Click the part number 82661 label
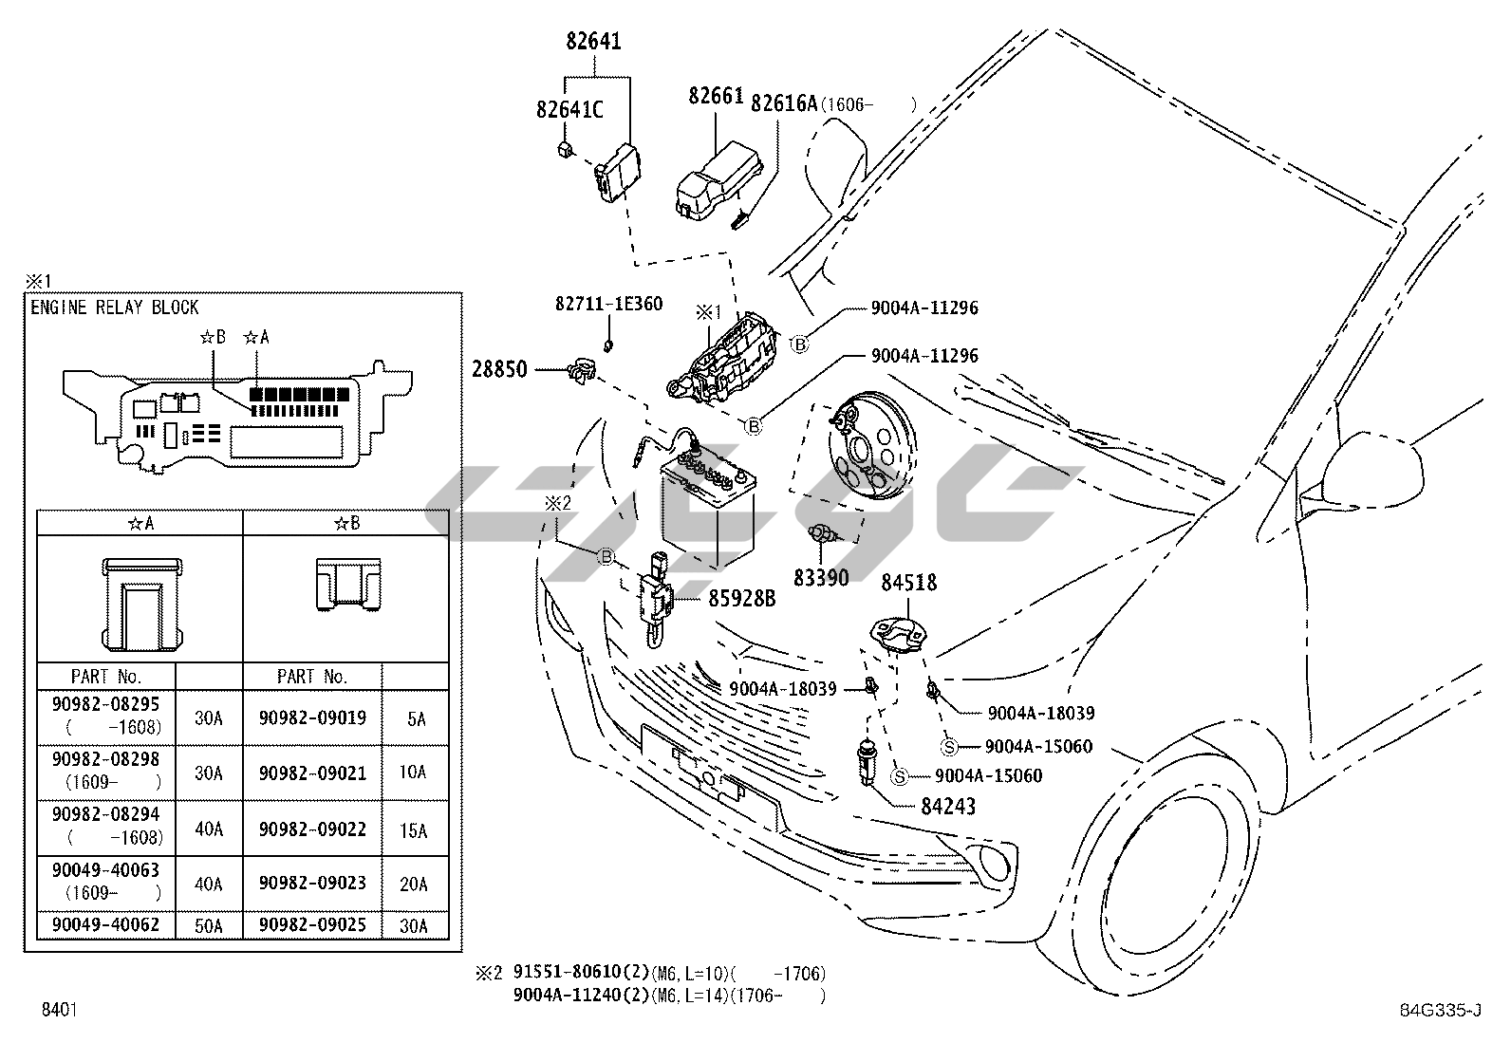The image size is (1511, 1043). click(x=716, y=97)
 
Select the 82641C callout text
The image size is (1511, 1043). click(x=569, y=110)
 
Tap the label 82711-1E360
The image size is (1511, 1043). click(x=608, y=305)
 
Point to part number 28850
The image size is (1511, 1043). click(x=499, y=370)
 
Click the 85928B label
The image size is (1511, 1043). click(x=741, y=599)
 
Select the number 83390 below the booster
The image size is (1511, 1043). click(x=821, y=577)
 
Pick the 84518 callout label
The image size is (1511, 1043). click(x=908, y=583)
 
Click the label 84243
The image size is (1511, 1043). click(x=947, y=807)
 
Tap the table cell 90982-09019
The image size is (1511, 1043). click(x=312, y=717)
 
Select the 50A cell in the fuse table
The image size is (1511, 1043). click(x=209, y=925)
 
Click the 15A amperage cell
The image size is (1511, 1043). click(x=414, y=830)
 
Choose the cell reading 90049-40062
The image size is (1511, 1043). click(x=106, y=924)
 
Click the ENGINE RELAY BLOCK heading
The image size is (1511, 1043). click(x=115, y=307)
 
